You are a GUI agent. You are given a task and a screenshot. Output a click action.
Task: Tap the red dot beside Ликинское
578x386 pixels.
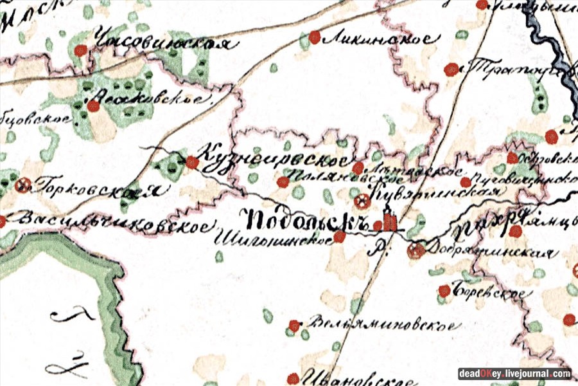click(315, 37)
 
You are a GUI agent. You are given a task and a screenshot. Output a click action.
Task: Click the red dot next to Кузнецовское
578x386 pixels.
click(191, 163)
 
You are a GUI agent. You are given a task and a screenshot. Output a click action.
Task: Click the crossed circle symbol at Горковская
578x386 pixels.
click(24, 185)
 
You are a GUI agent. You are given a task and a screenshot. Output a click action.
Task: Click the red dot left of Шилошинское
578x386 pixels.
click(339, 237)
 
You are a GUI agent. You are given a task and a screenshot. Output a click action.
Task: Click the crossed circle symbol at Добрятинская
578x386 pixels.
click(416, 250)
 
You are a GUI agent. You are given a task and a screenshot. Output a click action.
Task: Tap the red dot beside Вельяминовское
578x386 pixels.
click(294, 326)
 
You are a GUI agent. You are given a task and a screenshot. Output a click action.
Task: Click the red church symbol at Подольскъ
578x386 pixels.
click(388, 223)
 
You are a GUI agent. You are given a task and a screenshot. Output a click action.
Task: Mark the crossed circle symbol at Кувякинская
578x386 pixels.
click(363, 202)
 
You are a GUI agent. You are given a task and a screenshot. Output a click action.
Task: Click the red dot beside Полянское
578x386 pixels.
click(283, 183)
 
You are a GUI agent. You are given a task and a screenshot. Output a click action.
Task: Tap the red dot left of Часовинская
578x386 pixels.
click(80, 50)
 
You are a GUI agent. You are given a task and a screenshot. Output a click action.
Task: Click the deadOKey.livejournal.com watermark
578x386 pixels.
click(514, 374)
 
